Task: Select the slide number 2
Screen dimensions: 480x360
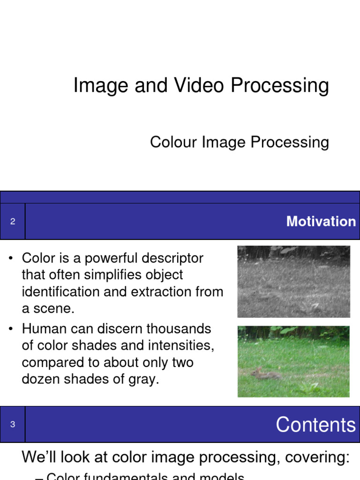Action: [13, 221]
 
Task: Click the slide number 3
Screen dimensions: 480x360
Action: [13, 424]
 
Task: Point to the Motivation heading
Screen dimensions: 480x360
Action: [321, 222]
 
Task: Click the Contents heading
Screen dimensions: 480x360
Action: [315, 425]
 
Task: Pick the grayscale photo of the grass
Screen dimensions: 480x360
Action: [293, 281]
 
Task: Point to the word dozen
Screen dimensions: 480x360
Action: [40, 379]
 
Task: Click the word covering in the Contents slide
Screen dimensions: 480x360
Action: [320, 457]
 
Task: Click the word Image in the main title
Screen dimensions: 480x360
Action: [100, 86]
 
